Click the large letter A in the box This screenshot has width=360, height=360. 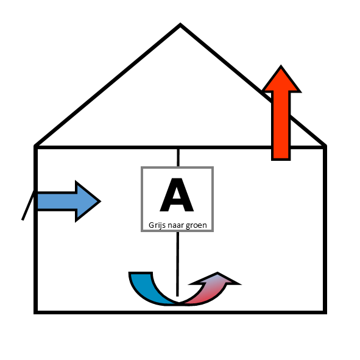click(177, 195)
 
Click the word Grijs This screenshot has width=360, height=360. click(157, 225)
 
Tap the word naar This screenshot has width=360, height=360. click(175, 225)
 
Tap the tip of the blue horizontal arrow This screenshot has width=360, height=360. click(101, 202)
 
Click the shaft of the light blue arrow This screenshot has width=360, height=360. click(57, 201)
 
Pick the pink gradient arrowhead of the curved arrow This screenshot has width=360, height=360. click(216, 280)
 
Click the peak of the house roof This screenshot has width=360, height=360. click(180, 24)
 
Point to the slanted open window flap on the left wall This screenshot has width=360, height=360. click(28, 205)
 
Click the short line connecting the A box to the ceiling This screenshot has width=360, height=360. click(178, 158)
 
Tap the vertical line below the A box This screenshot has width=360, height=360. click(177, 264)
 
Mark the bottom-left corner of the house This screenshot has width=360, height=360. click(35, 312)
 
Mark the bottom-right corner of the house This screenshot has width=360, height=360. click(325, 312)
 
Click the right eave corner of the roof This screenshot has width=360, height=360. click(325, 146)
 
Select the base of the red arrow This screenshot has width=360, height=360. click(281, 160)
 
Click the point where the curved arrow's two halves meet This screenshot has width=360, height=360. click(179, 303)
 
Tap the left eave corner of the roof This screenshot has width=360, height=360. click(35, 146)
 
